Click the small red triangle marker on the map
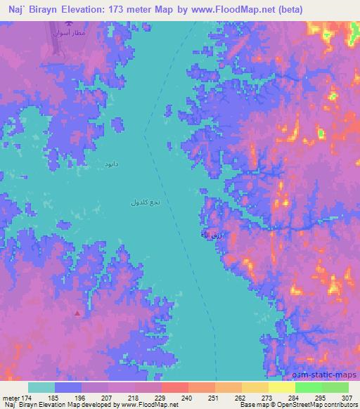coord(77,313)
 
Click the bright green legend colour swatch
coord(308,387)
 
